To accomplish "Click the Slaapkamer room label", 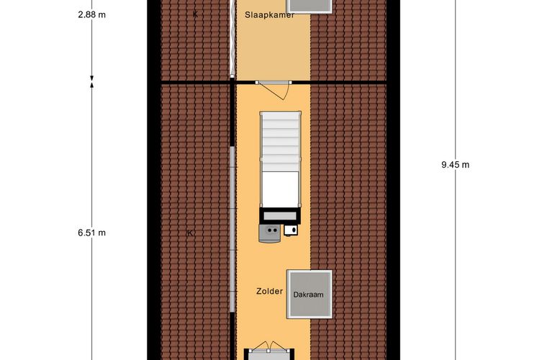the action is point(269,14).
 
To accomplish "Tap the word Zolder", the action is point(269,291).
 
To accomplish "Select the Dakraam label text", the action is point(308,294).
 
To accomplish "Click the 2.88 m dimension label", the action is point(91,14).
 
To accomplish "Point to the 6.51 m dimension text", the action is point(91,233).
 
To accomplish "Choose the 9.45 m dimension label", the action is point(456,165).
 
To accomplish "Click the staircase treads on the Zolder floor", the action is point(280,142).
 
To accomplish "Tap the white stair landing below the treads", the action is point(280,189).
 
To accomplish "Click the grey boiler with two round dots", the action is point(269,233).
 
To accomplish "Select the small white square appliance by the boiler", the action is point(290,230).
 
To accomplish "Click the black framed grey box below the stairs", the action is point(280,216).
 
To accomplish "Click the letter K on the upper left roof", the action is point(195,14).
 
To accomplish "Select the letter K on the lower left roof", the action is point(190,233).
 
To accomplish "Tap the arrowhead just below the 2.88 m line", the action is point(91,78).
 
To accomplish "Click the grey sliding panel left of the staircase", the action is point(232,229).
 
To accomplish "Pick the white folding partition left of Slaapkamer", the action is point(232,38).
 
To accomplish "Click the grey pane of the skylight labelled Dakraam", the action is point(309,294).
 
